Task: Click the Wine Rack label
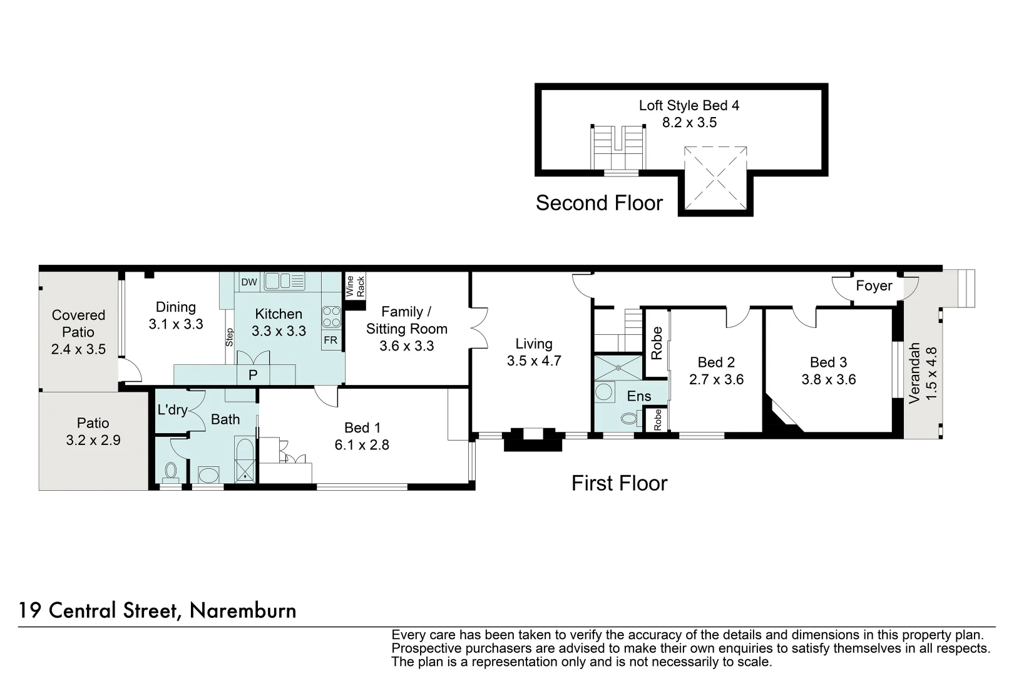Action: (x=355, y=286)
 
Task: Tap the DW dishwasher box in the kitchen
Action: (x=249, y=282)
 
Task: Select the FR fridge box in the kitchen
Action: (x=330, y=341)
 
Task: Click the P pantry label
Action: (x=253, y=376)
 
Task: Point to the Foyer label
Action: (x=874, y=286)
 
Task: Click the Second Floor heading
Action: (x=599, y=203)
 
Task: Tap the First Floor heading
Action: (x=619, y=483)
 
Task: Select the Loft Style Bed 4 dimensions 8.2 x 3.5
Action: (x=689, y=123)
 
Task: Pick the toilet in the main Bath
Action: (x=170, y=470)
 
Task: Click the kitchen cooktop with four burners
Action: (x=331, y=317)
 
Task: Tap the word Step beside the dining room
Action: (x=230, y=337)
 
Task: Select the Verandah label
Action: (x=914, y=372)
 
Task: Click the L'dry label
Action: (x=172, y=410)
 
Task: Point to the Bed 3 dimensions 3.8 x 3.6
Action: (x=828, y=379)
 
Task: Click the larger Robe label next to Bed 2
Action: (x=657, y=343)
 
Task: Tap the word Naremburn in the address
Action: (x=243, y=610)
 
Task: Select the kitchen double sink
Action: (x=284, y=281)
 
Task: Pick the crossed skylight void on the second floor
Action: (x=715, y=178)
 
